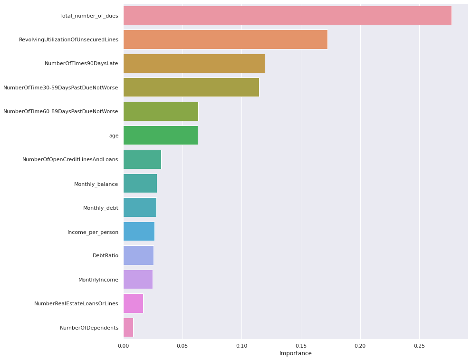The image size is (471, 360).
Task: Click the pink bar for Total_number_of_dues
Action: pos(287,16)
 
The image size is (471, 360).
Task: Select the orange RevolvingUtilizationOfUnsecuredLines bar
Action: pos(225,39)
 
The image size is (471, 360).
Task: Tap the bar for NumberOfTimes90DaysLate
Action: pos(194,63)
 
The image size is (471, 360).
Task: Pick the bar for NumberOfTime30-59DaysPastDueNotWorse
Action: pos(191,88)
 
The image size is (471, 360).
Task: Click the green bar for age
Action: pos(161,136)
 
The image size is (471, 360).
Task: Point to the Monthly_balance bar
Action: pos(140,184)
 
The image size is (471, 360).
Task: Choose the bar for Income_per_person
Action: pos(139,232)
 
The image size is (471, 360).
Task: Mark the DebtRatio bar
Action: pos(138,255)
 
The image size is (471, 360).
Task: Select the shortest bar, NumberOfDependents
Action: pos(128,328)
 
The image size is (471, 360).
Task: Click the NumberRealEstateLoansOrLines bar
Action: pos(133,303)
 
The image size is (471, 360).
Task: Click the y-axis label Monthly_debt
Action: pos(100,208)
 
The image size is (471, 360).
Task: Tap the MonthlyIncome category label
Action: pos(98,280)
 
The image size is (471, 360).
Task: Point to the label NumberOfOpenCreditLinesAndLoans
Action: pos(70,159)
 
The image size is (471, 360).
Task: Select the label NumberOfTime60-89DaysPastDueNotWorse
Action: pos(60,111)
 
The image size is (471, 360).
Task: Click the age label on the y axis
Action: pos(114,136)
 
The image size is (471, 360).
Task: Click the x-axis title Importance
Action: pos(295,353)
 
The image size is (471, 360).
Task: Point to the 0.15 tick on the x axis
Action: pos(301,345)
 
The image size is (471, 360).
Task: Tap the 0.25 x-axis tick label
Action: pos(419,345)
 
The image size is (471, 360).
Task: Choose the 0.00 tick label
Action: pos(123,345)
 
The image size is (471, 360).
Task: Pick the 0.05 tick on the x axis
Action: pos(183,345)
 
